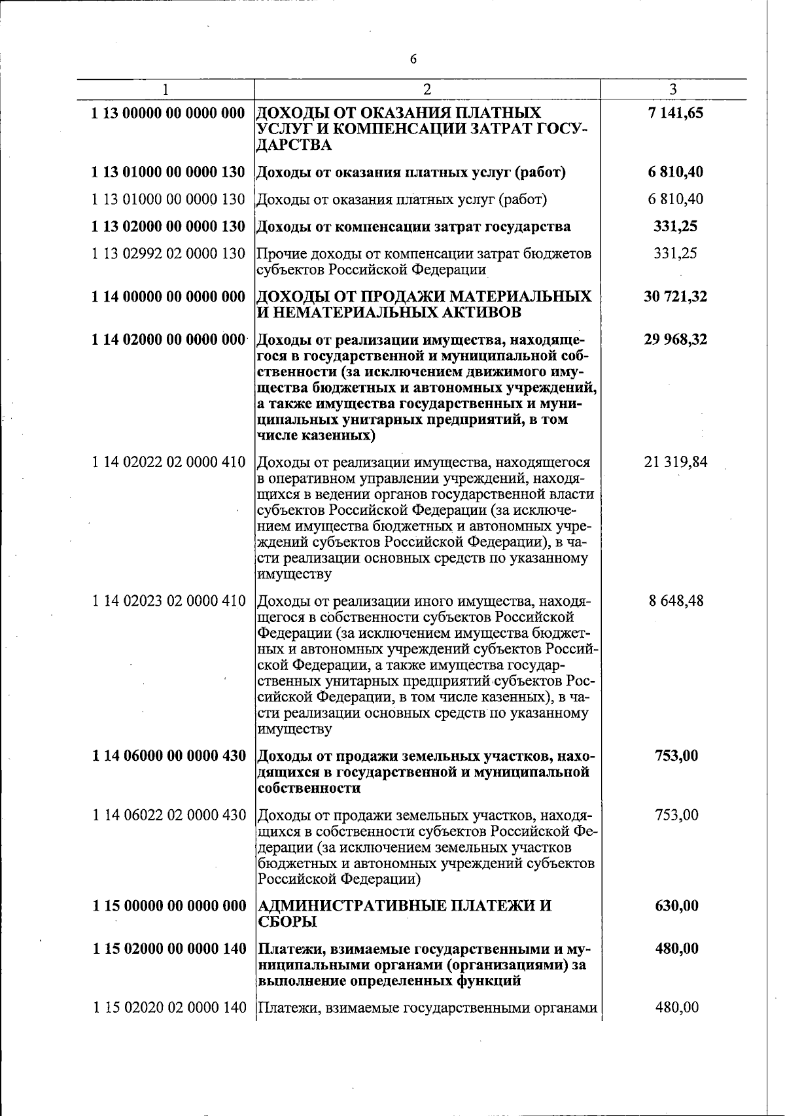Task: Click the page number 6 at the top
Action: (413, 60)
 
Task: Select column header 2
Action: (427, 89)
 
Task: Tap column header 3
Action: (673, 89)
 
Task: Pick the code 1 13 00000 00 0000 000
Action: (168, 113)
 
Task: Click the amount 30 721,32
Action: (675, 296)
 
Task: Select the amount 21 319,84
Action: (675, 462)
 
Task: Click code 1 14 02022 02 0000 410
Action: (168, 462)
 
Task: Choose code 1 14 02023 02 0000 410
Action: (168, 601)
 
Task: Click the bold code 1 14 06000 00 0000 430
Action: (168, 756)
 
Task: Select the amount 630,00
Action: (676, 905)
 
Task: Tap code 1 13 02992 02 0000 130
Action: (168, 253)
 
